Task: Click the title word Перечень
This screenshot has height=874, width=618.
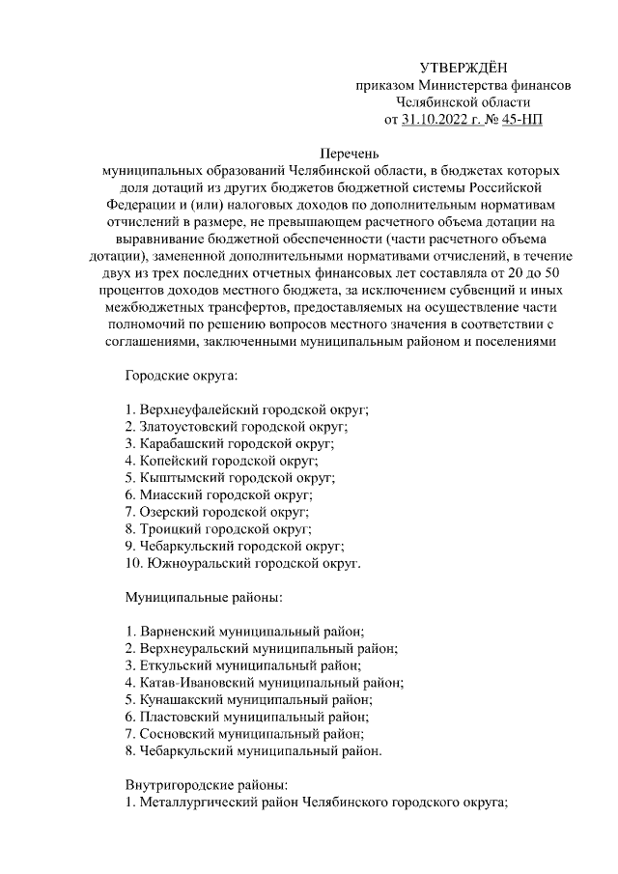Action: [x=351, y=153]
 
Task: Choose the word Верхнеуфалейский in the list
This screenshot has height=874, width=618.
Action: [x=199, y=409]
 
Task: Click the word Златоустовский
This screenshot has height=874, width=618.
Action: [x=189, y=426]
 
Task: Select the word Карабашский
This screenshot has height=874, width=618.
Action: [x=182, y=443]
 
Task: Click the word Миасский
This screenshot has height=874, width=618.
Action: [x=173, y=495]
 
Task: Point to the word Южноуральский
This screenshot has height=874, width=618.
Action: [x=194, y=562]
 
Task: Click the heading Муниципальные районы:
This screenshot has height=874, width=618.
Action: [x=204, y=598]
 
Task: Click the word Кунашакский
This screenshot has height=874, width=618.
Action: [x=182, y=699]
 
